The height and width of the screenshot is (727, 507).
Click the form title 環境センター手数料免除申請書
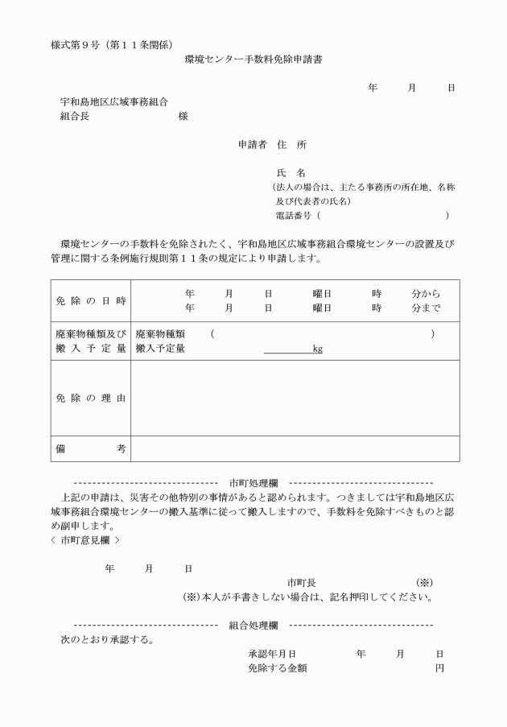(x=253, y=60)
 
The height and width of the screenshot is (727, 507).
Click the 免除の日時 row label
(x=90, y=300)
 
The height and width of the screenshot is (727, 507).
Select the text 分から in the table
(x=425, y=294)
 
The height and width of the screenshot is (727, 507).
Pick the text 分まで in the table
(x=425, y=308)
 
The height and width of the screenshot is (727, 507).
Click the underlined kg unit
(x=318, y=349)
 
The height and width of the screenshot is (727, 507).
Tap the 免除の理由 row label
(x=90, y=399)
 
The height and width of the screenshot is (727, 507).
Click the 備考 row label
(x=90, y=449)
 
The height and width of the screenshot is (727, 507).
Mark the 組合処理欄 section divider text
(x=253, y=625)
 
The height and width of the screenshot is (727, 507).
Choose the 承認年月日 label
(x=273, y=654)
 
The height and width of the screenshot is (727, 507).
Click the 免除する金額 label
(x=278, y=668)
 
